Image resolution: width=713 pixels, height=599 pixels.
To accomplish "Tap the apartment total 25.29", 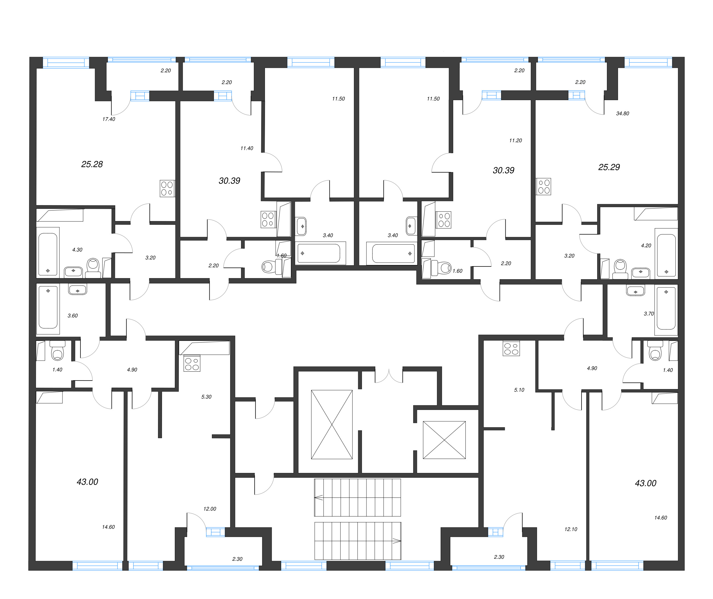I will tap(609, 167).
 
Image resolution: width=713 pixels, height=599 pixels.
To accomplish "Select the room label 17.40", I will tap(109, 119).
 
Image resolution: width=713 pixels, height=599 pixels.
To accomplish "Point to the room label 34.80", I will tap(622, 114).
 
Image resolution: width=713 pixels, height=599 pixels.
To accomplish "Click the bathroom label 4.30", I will tap(77, 250).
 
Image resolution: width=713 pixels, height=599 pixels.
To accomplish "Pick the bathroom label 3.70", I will tap(649, 314).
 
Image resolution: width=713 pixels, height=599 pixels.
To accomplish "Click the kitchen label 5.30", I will tap(206, 396).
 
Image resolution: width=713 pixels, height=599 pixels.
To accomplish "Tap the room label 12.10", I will tap(570, 529).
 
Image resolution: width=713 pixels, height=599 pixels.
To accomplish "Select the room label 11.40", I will tap(246, 148).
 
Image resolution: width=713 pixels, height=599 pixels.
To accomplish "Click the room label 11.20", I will tap(515, 140).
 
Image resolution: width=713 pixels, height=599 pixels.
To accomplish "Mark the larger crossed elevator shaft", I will tap(331, 424).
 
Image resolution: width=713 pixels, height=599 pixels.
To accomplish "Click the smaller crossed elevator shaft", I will tap(444, 440).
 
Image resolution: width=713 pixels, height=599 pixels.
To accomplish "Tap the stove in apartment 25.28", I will tap(167, 189).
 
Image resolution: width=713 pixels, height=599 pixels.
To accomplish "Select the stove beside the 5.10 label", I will tap(511, 348).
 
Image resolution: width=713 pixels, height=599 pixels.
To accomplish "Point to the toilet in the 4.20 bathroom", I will tap(620, 267).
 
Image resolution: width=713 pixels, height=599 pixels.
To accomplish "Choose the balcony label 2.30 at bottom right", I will tap(499, 557).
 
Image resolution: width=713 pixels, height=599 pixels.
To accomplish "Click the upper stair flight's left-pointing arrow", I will tap(319, 498).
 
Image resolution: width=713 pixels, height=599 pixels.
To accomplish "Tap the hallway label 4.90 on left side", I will tap(132, 369).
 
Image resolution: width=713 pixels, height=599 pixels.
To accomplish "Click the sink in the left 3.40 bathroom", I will tap(301, 226).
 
